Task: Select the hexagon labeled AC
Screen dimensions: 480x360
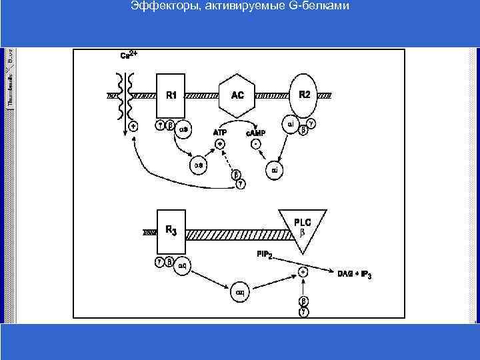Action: tap(238, 96)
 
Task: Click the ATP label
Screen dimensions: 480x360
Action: tap(220, 133)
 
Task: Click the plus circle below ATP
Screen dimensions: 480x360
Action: tap(220, 143)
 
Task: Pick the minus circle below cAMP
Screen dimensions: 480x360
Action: tap(255, 143)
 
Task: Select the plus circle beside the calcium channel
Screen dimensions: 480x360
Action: tap(133, 126)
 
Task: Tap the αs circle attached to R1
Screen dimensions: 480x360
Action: tap(185, 130)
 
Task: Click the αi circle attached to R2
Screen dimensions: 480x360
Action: tap(291, 123)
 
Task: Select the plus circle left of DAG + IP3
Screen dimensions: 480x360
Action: tap(303, 272)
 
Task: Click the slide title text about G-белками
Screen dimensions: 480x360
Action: tap(240, 7)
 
